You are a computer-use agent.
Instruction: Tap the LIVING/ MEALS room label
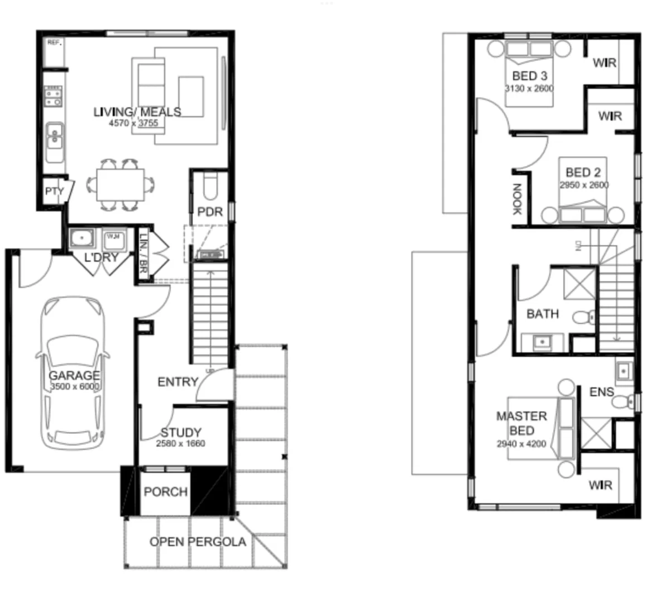(x=137, y=112)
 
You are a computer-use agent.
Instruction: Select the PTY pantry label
(x=54, y=192)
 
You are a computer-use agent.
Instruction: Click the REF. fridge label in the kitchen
(x=54, y=42)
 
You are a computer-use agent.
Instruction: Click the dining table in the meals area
(x=120, y=184)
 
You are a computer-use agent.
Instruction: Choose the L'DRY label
(x=101, y=257)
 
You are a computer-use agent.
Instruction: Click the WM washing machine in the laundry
(x=114, y=238)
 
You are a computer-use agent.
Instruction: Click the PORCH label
(x=165, y=492)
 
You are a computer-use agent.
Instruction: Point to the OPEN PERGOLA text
(x=197, y=542)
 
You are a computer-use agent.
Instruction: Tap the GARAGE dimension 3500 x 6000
(x=74, y=387)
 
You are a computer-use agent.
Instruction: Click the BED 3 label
(x=529, y=76)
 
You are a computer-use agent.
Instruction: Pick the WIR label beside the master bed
(x=600, y=485)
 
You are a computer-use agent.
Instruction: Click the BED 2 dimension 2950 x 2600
(x=584, y=185)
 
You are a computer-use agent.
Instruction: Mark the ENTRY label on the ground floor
(x=178, y=382)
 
